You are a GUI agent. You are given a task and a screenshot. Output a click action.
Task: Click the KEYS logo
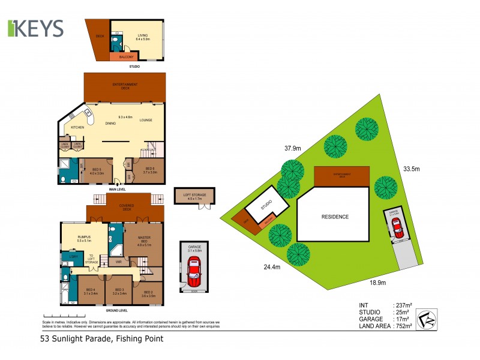tap(36, 28)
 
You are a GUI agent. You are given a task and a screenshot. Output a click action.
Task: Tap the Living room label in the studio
tap(143, 37)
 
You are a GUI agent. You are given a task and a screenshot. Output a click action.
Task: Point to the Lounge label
tap(146, 120)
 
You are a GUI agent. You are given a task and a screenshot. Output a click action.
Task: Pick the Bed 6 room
tap(149, 170)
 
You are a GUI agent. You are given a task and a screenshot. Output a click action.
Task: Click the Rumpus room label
tap(84, 238)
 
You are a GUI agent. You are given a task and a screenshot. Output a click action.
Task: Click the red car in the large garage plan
tap(193, 271)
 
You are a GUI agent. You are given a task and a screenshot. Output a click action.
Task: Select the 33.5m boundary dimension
tap(411, 169)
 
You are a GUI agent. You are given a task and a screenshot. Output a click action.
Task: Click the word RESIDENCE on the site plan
tap(335, 217)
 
